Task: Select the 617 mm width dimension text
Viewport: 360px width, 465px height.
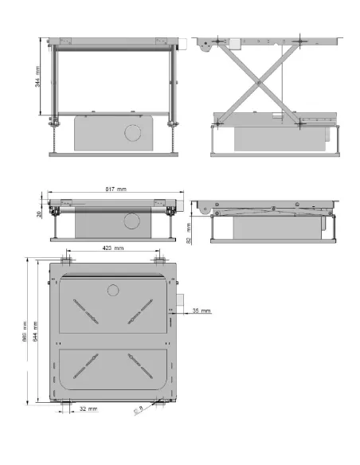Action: pyautogui.click(x=118, y=189)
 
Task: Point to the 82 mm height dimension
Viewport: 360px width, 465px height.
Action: pyautogui.click(x=188, y=232)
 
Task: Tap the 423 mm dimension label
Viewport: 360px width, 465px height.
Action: pyautogui.click(x=112, y=248)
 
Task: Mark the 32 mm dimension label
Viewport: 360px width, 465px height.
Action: pyautogui.click(x=88, y=409)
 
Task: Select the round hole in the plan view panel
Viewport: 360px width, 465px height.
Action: pyautogui.click(x=113, y=289)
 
